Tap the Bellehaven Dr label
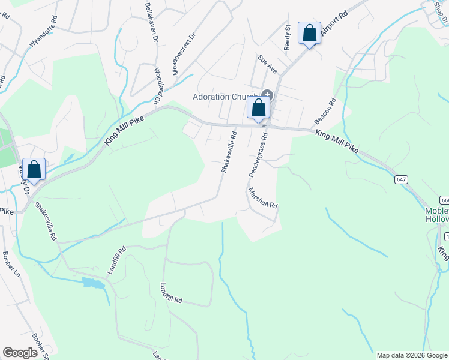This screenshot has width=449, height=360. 151,22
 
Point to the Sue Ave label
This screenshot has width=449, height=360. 267,64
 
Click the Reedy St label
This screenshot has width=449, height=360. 288,37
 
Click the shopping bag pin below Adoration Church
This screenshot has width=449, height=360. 259,109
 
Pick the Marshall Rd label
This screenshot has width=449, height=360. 262,197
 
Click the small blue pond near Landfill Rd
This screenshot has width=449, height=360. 94,282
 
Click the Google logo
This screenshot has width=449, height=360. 20,353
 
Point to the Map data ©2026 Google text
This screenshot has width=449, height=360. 411,355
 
